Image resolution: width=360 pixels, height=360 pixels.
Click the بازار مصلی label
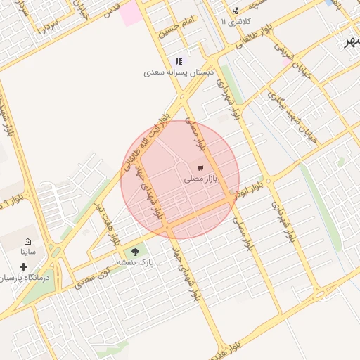tap(202, 179)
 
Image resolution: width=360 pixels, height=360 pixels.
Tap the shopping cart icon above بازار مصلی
tap(201, 168)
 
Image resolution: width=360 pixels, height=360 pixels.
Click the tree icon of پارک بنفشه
tap(135, 251)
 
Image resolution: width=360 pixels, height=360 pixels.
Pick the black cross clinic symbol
tap(23, 267)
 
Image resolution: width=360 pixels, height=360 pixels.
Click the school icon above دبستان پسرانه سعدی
tap(179, 62)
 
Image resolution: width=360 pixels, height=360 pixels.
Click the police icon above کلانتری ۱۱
tap(235, 11)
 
